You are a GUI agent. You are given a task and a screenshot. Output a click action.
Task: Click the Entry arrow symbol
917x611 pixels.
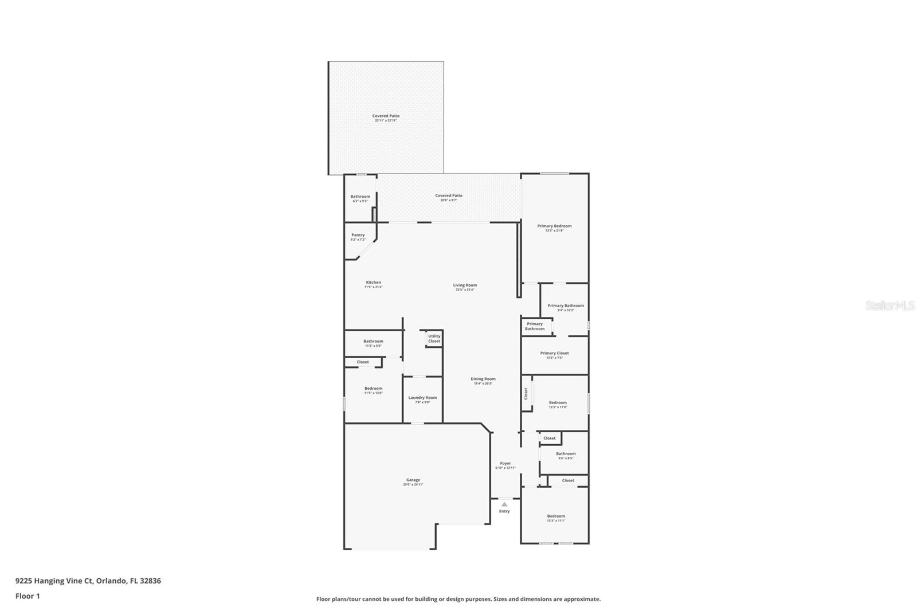click(x=504, y=504)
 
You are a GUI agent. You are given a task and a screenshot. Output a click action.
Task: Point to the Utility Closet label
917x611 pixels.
click(x=434, y=339)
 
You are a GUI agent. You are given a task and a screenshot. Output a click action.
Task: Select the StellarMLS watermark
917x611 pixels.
click(x=889, y=306)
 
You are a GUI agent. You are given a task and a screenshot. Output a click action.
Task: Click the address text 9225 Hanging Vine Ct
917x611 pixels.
click(x=54, y=581)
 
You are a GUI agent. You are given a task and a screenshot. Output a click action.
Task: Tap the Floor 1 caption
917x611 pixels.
click(x=28, y=596)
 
